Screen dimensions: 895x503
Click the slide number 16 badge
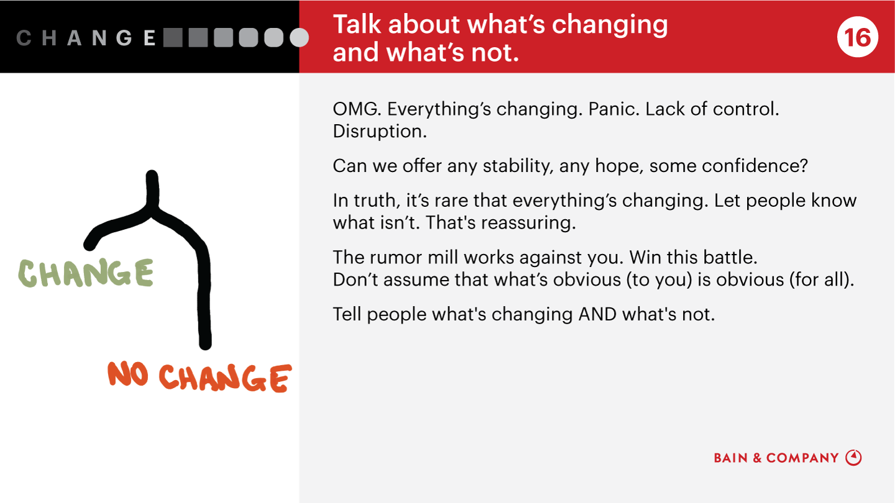(x=858, y=37)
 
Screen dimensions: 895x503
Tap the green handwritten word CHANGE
(x=86, y=273)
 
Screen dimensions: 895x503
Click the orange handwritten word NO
(x=128, y=374)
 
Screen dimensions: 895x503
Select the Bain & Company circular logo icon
(x=853, y=458)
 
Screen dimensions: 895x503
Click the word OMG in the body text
(x=357, y=109)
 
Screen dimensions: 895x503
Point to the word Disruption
(x=380, y=132)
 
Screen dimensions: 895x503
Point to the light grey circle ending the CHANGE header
(x=300, y=37)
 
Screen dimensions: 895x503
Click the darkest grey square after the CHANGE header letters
(x=173, y=37)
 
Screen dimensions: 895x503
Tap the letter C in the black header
(x=24, y=38)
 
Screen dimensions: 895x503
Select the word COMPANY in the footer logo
(x=802, y=458)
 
